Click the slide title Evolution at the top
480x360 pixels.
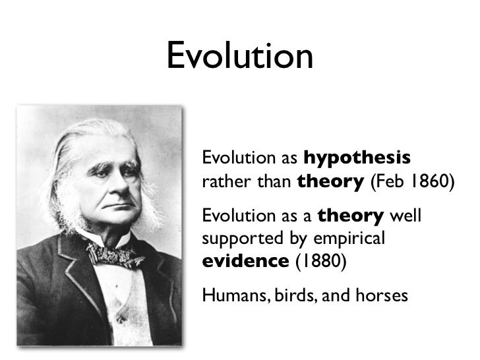point(239,56)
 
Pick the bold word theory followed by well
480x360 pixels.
point(351,216)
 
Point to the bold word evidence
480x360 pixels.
point(245,260)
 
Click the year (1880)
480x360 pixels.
point(319,260)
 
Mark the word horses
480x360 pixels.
point(380,295)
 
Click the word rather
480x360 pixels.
point(222,182)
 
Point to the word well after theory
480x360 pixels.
point(405,216)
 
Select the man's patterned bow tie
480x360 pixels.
point(115,255)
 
